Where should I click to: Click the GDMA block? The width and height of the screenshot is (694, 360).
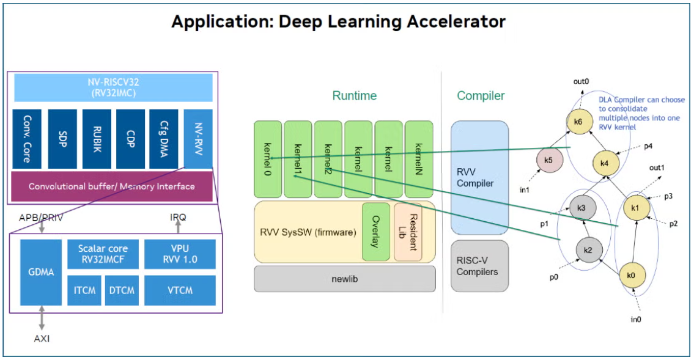point(41,272)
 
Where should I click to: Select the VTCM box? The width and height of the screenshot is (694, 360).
point(180,290)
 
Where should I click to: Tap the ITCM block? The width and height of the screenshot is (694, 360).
point(84,290)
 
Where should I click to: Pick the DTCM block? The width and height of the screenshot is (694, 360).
point(121,290)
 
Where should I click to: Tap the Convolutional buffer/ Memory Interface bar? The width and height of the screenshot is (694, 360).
point(111,186)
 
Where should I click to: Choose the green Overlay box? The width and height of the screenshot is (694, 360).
point(375,232)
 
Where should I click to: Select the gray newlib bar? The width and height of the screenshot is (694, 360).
point(345,279)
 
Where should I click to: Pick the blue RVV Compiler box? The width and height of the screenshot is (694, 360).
point(479,177)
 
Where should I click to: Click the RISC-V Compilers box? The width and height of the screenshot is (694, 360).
point(479,265)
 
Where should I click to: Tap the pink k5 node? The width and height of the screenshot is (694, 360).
point(548,160)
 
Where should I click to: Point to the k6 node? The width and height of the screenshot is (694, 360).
point(578,122)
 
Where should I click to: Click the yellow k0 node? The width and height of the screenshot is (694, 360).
point(632,276)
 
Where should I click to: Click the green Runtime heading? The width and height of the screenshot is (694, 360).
point(355,96)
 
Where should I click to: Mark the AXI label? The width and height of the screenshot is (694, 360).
point(41,338)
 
